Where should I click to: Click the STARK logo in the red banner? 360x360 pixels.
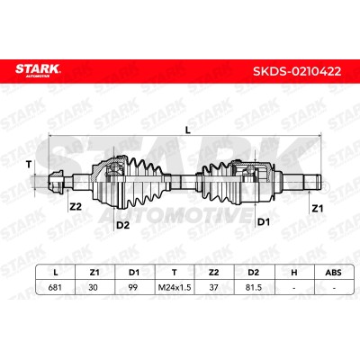click(38, 70)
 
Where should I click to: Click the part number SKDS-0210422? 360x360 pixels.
click(297, 71)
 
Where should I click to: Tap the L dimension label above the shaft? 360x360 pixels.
click(187, 130)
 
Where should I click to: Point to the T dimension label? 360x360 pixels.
click(29, 165)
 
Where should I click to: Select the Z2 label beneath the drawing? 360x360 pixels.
click(76, 206)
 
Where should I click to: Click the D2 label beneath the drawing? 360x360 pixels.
click(122, 225)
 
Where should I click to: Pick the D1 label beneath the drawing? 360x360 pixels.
click(264, 222)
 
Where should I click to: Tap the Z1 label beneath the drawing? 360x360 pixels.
click(317, 208)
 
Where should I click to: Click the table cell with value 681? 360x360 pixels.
click(55, 287)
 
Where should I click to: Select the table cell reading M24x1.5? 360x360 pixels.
click(175, 287)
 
